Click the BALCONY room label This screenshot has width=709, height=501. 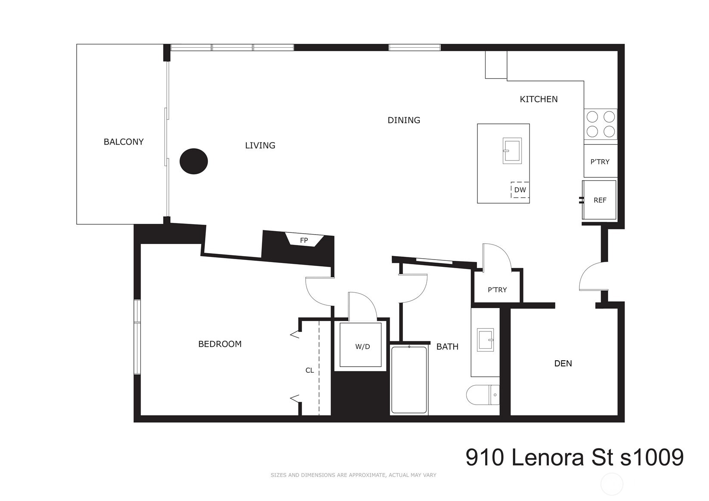pyautogui.click(x=124, y=142)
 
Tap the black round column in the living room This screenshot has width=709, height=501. pyautogui.click(x=194, y=161)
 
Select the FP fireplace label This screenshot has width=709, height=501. pyautogui.click(x=304, y=240)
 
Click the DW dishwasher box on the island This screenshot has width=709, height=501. pyautogui.click(x=520, y=190)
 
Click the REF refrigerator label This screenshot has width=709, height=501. pyautogui.click(x=600, y=200)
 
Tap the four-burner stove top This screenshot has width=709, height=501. pyautogui.click(x=601, y=124)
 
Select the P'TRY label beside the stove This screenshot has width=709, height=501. pyautogui.click(x=600, y=162)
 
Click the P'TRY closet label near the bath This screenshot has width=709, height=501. pyautogui.click(x=497, y=290)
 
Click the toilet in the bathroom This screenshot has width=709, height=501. pyautogui.click(x=482, y=395)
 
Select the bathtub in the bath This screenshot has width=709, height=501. pyautogui.click(x=409, y=380)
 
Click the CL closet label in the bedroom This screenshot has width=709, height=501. pyautogui.click(x=310, y=370)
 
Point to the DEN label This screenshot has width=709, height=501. pyautogui.click(x=563, y=363)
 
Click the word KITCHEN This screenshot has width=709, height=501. pyautogui.click(x=539, y=99)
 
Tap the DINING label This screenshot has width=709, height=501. pyautogui.click(x=404, y=120)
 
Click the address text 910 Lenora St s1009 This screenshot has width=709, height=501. pyautogui.click(x=574, y=457)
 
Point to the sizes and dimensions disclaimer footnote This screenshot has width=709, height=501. pyautogui.click(x=353, y=475)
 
